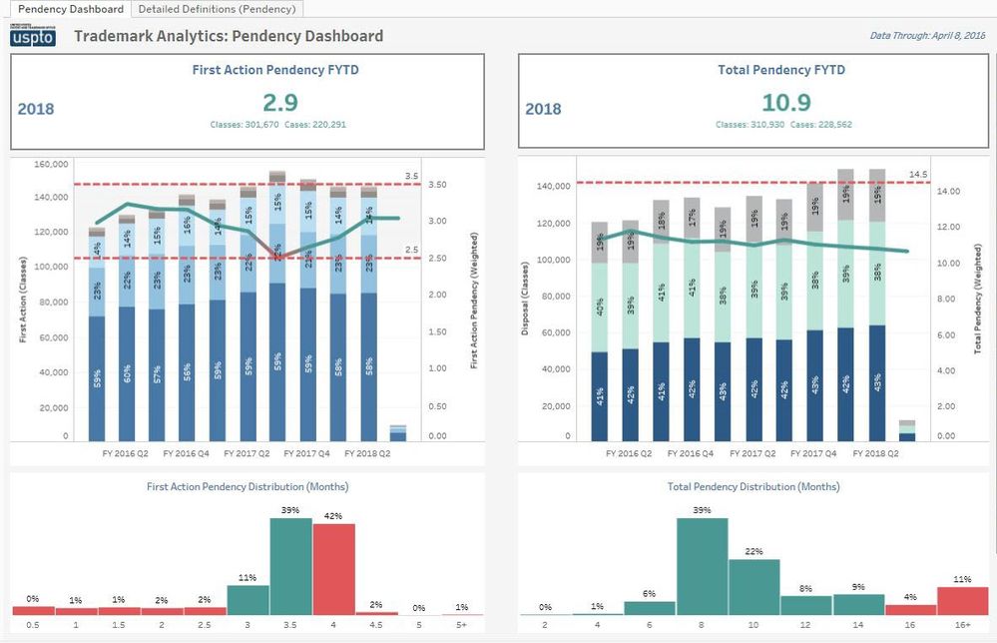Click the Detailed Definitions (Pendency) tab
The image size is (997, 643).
point(217,9)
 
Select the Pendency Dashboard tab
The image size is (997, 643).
point(71,9)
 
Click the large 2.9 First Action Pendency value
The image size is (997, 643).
point(280,102)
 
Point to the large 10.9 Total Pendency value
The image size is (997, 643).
point(785,102)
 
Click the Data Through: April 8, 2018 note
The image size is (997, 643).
point(927,36)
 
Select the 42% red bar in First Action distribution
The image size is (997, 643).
point(333,569)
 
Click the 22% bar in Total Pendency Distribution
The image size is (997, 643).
point(753,587)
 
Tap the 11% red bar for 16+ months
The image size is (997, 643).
point(962,601)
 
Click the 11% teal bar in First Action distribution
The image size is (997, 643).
point(248,599)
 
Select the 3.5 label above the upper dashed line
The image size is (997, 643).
point(410,176)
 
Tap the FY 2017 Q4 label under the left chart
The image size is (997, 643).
point(307,453)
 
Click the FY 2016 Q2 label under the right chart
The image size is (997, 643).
point(629,453)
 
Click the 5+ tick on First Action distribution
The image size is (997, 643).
point(462,626)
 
